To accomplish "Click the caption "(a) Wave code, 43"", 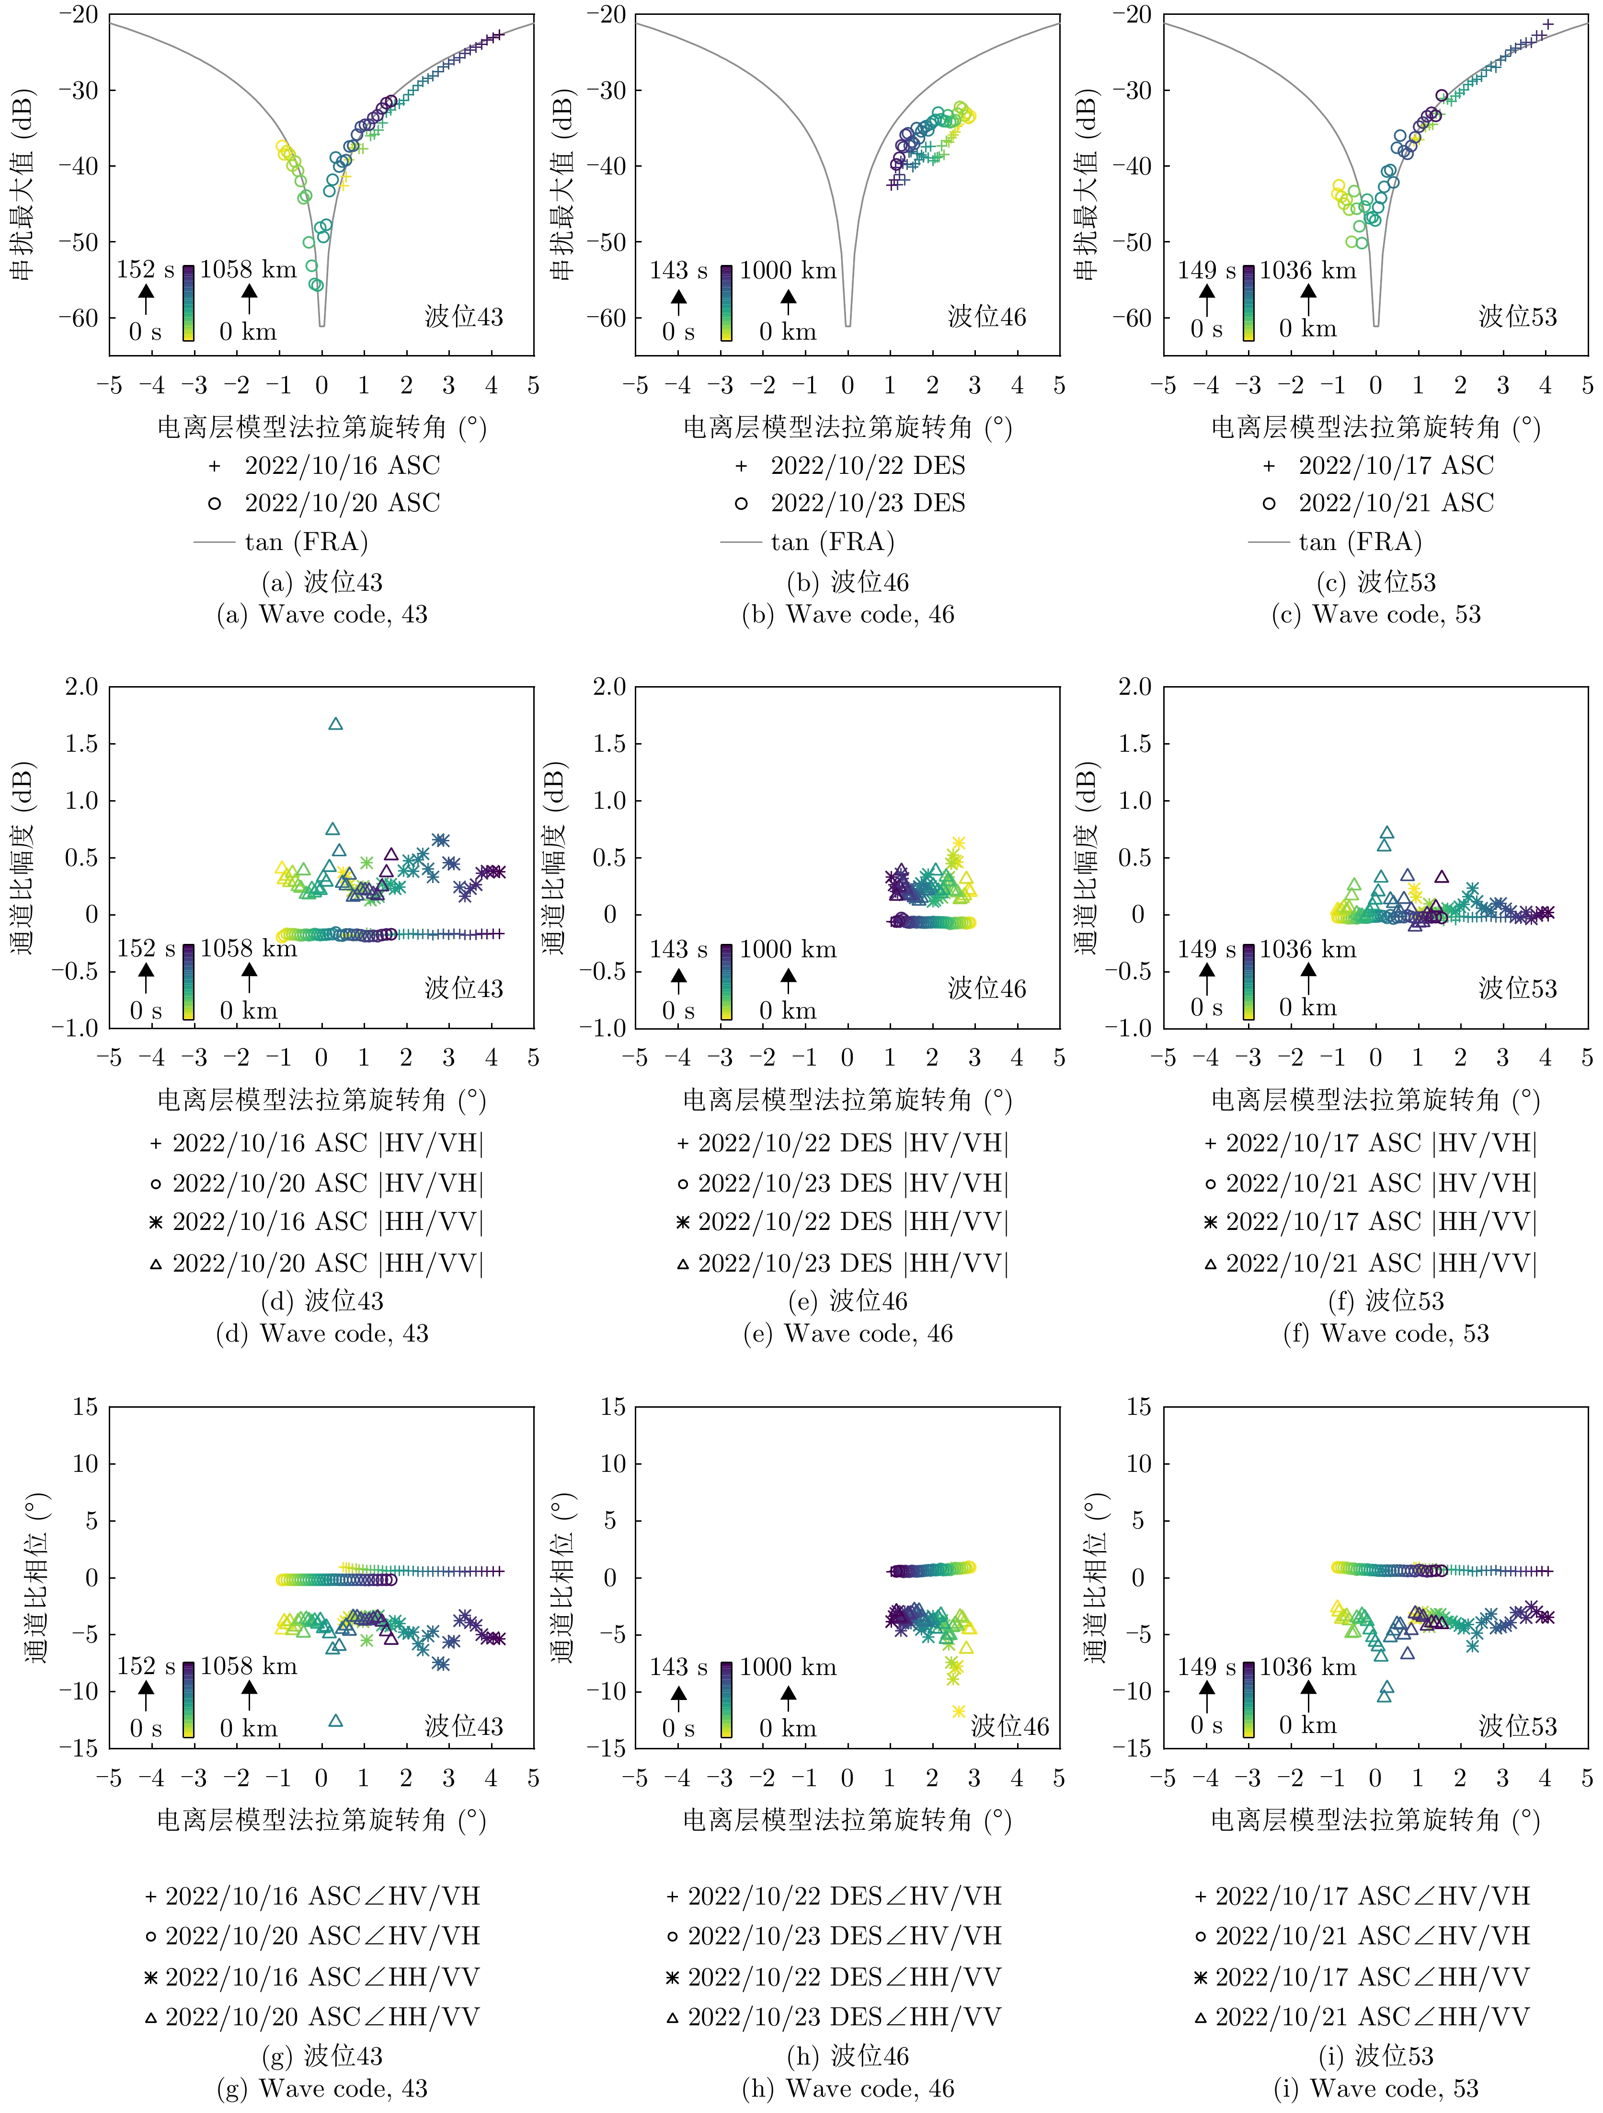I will (x=322, y=614).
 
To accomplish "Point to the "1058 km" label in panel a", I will (x=248, y=269).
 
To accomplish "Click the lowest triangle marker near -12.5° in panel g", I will (x=335, y=1721).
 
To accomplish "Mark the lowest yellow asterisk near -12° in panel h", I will (x=958, y=1711).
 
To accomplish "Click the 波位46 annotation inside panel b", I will (x=987, y=316).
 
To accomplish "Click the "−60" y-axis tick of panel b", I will (x=607, y=317).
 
